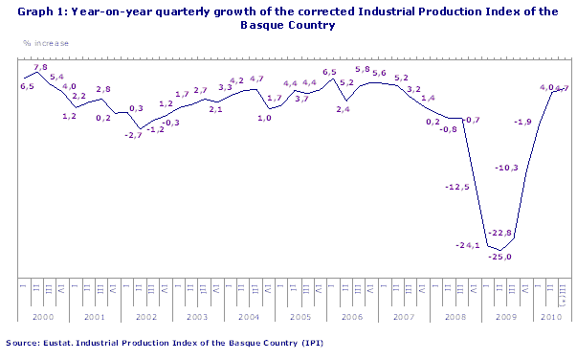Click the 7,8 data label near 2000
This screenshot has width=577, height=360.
coord(41,68)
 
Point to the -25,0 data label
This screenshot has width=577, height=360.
coord(501,257)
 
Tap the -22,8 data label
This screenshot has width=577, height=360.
coord(501,233)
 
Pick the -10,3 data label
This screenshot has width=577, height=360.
coord(506,168)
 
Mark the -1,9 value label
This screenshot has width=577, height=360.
coord(523,122)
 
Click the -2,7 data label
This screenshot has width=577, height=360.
coord(133,135)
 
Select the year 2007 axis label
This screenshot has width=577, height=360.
coord(403,315)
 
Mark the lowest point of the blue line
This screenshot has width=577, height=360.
coord(499,250)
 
